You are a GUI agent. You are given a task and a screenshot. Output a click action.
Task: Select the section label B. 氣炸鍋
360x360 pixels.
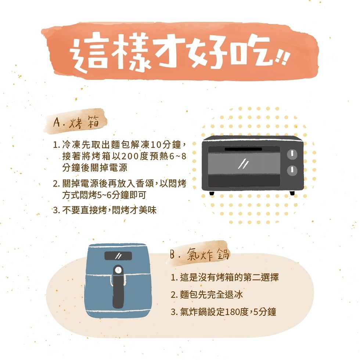pyautogui.click(x=199, y=254)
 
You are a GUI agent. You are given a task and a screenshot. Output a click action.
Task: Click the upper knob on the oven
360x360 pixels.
pyautogui.click(x=292, y=154)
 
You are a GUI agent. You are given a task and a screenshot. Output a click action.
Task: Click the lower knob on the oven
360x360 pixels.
pyautogui.click(x=292, y=170)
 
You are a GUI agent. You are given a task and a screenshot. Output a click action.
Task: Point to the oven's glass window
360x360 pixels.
pyautogui.click(x=244, y=163)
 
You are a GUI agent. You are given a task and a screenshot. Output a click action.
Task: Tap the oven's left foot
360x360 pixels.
pyautogui.click(x=212, y=193)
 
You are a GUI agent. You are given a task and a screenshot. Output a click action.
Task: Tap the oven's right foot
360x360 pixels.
pyautogui.click(x=292, y=193)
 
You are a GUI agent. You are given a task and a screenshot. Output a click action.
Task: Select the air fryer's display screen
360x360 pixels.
pyautogui.click(x=118, y=256)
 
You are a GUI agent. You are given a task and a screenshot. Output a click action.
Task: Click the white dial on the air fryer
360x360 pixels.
pyautogui.click(x=118, y=270)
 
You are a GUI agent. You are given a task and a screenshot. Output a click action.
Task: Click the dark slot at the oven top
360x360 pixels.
pyautogui.click(x=243, y=149)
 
